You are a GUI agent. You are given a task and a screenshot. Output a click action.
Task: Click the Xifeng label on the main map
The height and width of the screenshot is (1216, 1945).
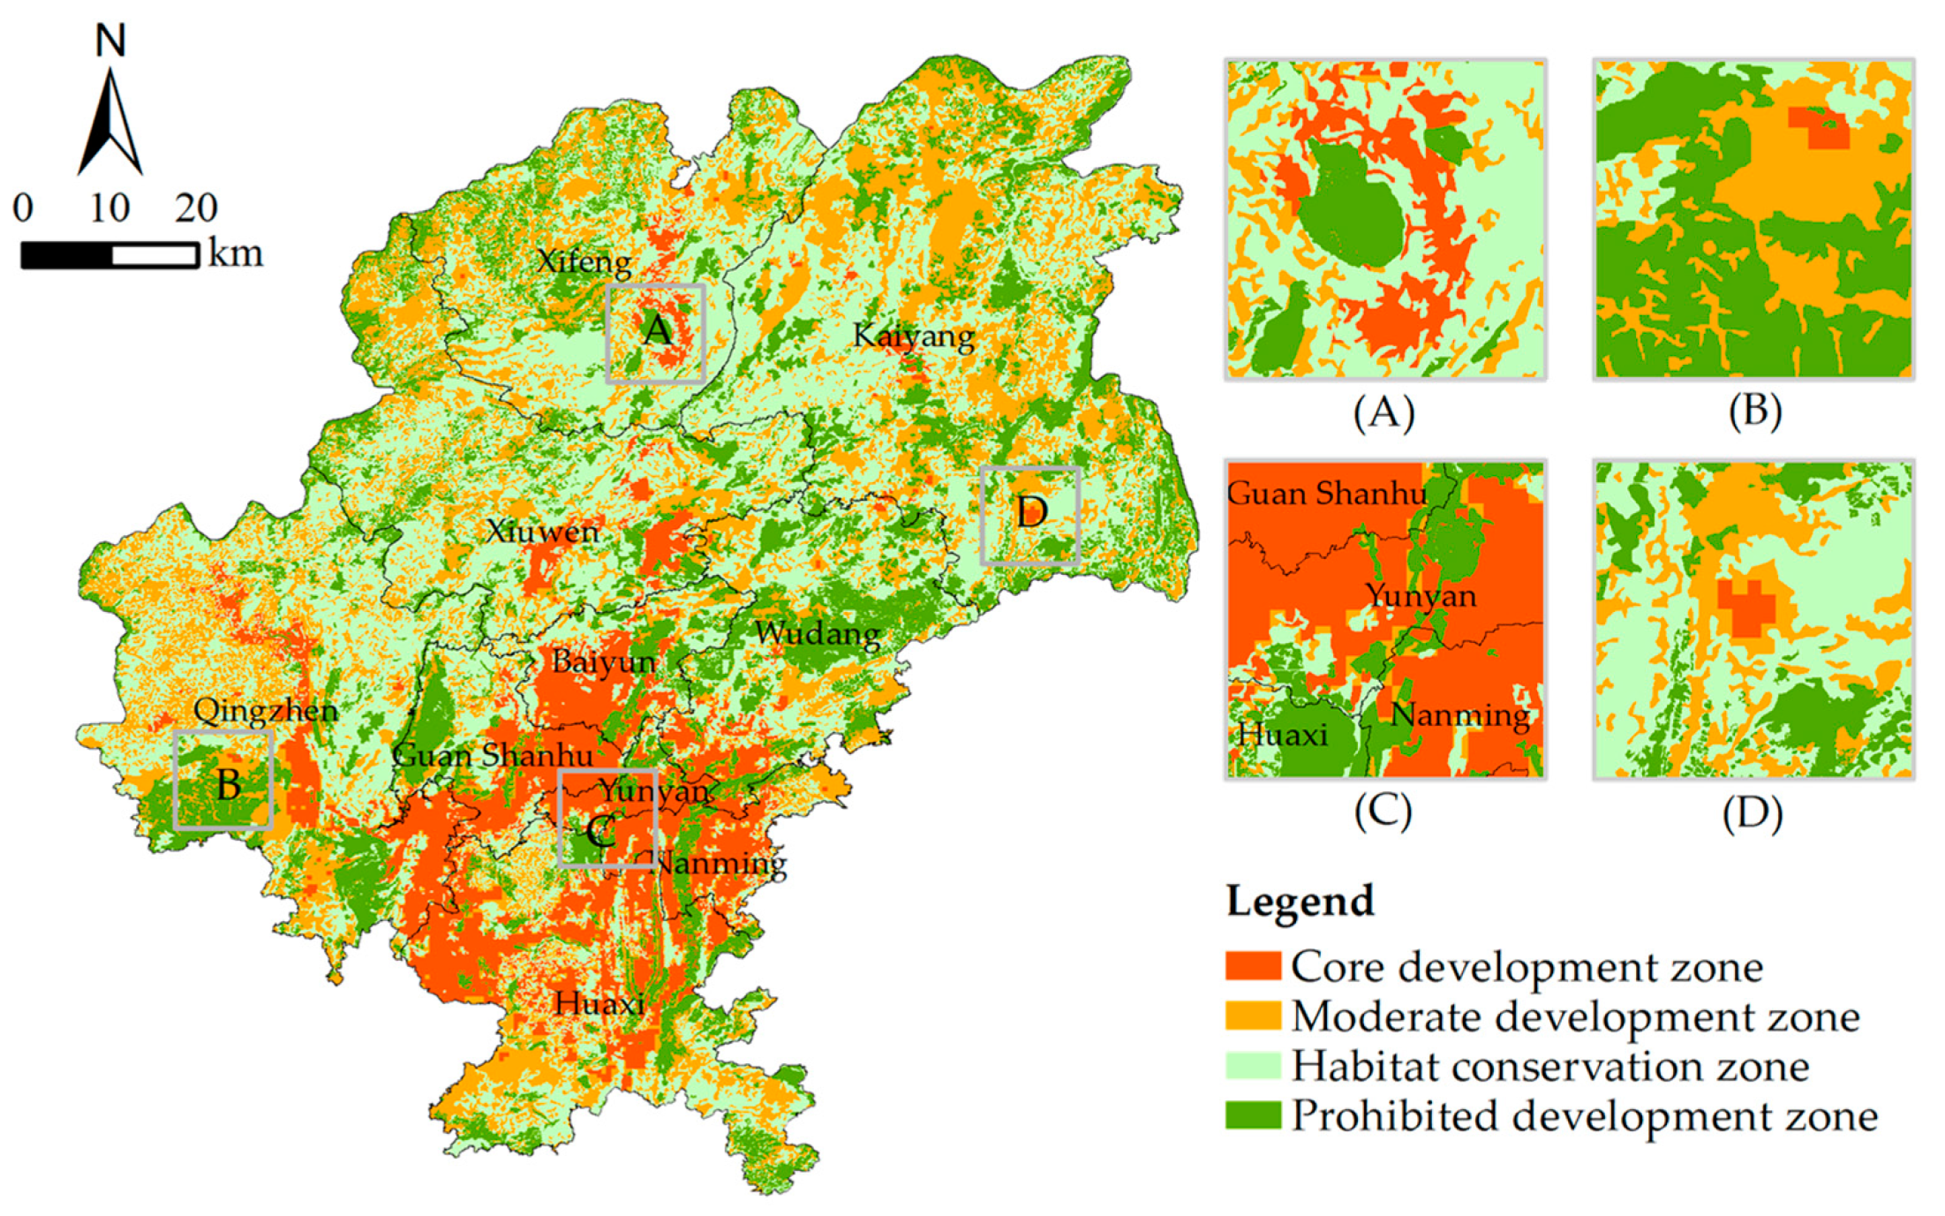pyautogui.click(x=584, y=261)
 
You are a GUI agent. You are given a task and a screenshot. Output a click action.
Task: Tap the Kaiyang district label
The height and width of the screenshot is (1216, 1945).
pyautogui.click(x=913, y=336)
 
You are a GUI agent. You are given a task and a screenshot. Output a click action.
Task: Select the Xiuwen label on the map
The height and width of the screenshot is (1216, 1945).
pyautogui.click(x=542, y=532)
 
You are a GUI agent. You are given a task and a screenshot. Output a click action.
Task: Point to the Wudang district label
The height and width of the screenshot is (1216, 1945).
pyautogui.click(x=817, y=633)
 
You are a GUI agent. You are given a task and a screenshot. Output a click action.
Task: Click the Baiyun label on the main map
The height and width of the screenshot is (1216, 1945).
pyautogui.click(x=604, y=661)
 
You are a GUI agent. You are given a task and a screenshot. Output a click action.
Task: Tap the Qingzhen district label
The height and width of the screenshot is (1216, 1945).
pyautogui.click(x=266, y=710)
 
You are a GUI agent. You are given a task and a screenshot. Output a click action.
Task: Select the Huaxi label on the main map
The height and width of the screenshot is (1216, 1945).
pyautogui.click(x=599, y=1003)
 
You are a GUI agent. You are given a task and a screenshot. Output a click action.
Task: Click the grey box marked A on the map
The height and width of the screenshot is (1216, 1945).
pyautogui.click(x=655, y=333)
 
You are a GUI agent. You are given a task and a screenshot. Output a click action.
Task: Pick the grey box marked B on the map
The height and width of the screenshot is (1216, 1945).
pyautogui.click(x=222, y=780)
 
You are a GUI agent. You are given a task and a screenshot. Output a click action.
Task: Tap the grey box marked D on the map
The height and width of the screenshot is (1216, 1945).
pyautogui.click(x=1029, y=515)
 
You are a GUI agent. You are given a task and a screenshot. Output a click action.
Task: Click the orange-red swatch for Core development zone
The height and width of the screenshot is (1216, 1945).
pyautogui.click(x=1252, y=966)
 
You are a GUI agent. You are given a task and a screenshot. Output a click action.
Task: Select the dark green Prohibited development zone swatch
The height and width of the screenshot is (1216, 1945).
pyautogui.click(x=1252, y=1115)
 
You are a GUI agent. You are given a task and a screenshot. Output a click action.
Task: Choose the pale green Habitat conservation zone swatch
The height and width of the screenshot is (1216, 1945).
pyautogui.click(x=1252, y=1066)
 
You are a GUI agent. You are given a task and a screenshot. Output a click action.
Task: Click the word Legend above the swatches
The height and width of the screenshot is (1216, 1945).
pyautogui.click(x=1300, y=902)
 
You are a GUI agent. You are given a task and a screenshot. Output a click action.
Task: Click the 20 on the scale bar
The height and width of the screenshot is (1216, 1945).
pyautogui.click(x=196, y=208)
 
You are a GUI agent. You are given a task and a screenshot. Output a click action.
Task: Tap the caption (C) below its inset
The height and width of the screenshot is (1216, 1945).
pyautogui.click(x=1383, y=811)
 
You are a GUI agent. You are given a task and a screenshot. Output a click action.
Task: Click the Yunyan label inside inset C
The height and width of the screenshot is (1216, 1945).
pyautogui.click(x=1421, y=596)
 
